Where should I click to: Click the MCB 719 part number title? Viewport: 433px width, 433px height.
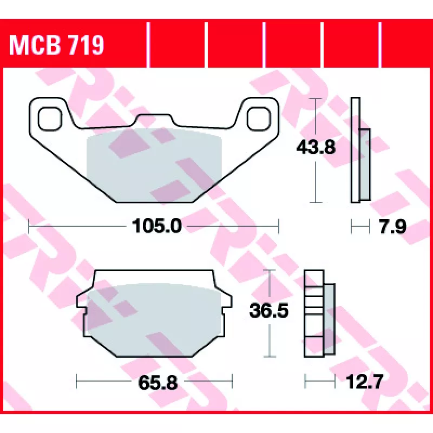[56, 45]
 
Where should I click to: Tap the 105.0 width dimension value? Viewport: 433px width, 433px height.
[156, 226]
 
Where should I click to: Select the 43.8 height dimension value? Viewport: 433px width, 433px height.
[316, 147]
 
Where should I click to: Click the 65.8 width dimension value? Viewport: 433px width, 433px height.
[158, 383]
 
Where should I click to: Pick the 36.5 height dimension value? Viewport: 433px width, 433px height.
[268, 310]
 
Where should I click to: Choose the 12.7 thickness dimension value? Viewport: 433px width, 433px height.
[364, 382]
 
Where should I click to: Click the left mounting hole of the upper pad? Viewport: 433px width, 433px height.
[50, 119]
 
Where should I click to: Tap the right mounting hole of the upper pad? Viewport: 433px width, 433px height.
[259, 119]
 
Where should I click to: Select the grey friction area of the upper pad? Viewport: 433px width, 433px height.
[154, 165]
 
